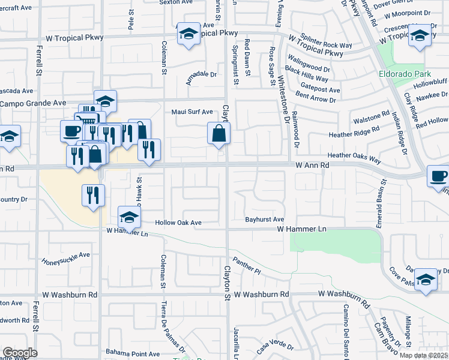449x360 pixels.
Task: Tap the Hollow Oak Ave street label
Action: [x=178, y=223]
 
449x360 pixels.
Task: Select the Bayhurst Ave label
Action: [x=264, y=220]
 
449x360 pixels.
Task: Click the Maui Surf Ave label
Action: [x=192, y=112]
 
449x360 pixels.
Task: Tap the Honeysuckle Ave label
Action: [x=65, y=259]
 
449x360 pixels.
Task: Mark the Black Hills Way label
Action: [x=307, y=74]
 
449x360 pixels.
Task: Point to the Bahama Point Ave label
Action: [x=133, y=353]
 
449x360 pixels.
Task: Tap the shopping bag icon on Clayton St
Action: [x=219, y=134]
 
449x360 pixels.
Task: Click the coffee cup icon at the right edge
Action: [x=438, y=176]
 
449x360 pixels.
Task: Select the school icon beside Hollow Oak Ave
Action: [x=129, y=217]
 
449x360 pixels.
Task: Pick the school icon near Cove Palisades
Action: [x=426, y=279]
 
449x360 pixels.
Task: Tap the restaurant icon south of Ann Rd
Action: [x=93, y=194]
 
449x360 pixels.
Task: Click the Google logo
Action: [x=20, y=353]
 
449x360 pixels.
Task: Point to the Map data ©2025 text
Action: [x=423, y=355]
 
